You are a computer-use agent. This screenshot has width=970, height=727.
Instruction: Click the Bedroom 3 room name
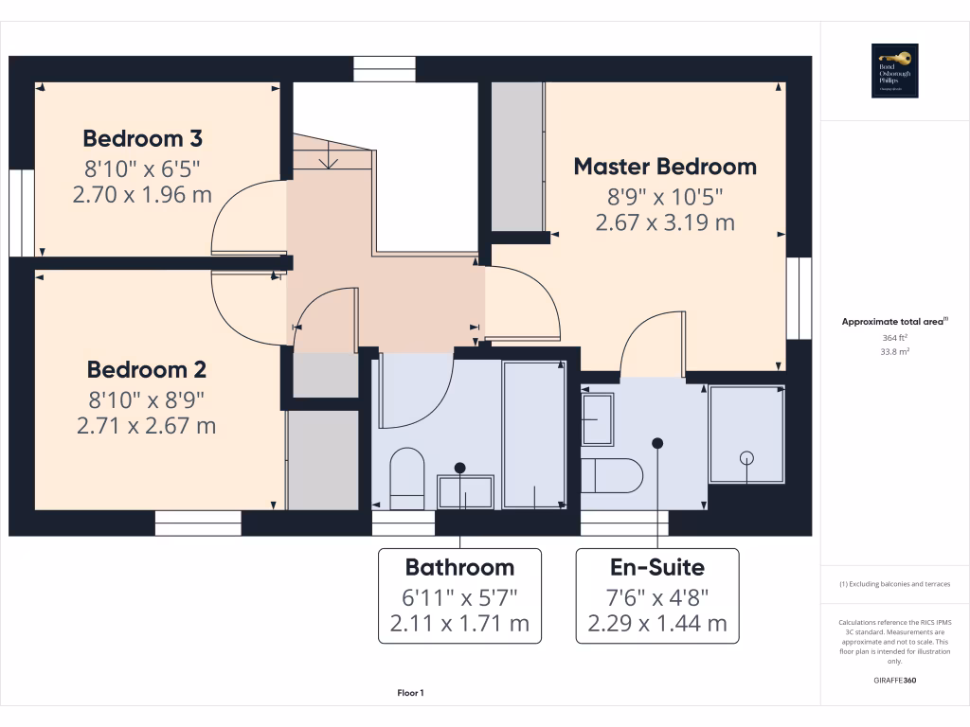click(143, 139)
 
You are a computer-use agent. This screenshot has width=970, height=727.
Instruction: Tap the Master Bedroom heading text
click(665, 167)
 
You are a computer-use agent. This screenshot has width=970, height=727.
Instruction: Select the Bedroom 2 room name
click(147, 369)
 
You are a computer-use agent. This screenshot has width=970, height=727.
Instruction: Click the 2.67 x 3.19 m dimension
click(665, 223)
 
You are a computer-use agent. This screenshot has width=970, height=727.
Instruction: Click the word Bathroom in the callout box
click(459, 567)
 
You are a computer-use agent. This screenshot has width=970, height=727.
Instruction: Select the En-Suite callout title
click(656, 567)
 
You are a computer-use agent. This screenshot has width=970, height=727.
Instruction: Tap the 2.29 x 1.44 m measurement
click(656, 624)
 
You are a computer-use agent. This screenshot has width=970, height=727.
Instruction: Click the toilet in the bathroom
click(407, 478)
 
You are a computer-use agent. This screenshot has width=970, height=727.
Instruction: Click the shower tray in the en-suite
click(747, 436)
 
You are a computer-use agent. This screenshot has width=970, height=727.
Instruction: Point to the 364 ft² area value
click(895, 336)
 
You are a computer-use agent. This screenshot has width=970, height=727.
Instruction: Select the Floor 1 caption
click(410, 694)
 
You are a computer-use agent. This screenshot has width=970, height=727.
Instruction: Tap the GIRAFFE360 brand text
click(895, 680)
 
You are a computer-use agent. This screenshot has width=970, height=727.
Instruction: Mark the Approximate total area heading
click(893, 322)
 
